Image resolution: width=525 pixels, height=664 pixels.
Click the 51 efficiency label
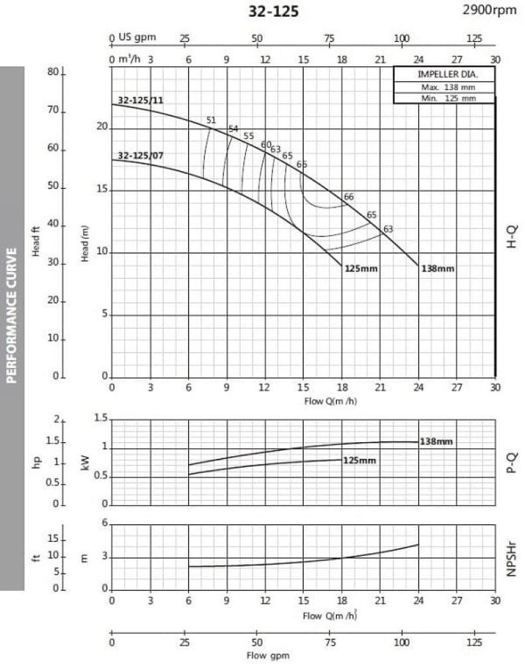pos(211,120)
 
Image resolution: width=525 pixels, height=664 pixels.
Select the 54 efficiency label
pos(233,129)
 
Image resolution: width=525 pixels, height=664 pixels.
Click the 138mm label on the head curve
pos(437,269)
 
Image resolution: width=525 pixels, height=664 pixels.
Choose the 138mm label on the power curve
pos(437,442)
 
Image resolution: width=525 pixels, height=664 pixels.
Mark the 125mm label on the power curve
pos(360,459)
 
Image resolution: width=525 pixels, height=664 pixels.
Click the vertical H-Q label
pos(511,236)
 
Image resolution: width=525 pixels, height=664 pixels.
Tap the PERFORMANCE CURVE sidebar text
pos(11,316)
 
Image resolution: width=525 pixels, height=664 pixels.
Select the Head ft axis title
pos(37,242)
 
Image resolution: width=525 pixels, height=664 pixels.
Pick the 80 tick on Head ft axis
pos(53,72)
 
